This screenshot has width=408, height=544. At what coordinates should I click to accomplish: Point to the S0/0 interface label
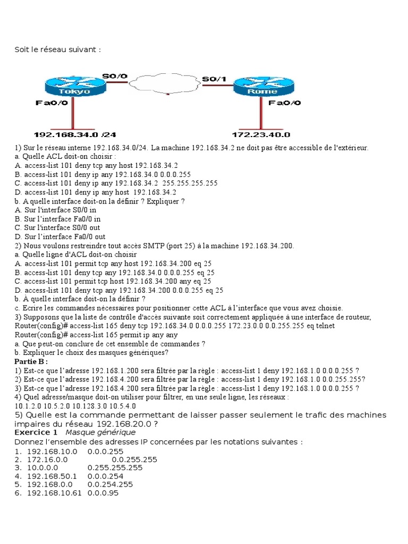(x=115, y=76)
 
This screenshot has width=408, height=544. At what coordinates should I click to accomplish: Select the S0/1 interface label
(x=214, y=79)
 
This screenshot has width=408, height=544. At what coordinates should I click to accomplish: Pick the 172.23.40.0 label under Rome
(x=261, y=134)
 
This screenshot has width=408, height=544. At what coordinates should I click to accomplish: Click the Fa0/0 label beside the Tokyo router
(x=51, y=103)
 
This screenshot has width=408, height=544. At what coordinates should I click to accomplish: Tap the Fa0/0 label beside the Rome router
(x=284, y=103)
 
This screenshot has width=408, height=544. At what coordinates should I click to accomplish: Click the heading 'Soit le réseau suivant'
(x=57, y=49)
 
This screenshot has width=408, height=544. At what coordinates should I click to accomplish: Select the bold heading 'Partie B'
(x=31, y=361)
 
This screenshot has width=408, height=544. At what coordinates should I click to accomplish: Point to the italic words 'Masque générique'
(x=93, y=432)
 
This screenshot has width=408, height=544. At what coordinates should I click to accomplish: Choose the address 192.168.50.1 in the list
(x=52, y=476)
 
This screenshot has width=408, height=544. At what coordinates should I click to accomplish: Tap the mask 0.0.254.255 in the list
(x=110, y=484)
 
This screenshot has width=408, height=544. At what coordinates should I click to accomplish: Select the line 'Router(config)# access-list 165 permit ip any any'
(x=96, y=335)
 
